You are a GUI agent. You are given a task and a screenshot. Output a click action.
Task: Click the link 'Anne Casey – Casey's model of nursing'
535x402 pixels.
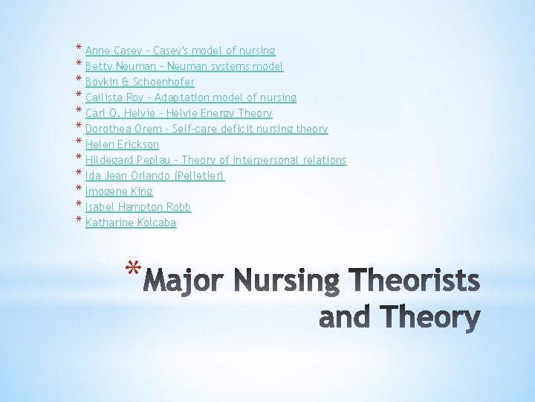tap(180, 51)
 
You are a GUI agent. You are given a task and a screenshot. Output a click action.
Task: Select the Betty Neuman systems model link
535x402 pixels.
tap(184, 66)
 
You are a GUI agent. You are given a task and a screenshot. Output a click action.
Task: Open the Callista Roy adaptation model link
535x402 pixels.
tap(191, 98)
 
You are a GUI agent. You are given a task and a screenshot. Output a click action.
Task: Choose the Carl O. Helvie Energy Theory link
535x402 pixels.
tap(178, 113)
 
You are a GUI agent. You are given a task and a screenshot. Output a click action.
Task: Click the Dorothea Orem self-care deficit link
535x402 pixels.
tap(207, 129)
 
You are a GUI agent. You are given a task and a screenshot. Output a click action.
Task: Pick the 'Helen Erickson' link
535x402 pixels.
tap(122, 144)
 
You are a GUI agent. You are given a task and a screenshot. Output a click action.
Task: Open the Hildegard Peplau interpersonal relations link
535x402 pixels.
tap(215, 160)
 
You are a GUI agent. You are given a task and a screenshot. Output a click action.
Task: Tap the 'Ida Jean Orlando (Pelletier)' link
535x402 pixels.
tap(155, 176)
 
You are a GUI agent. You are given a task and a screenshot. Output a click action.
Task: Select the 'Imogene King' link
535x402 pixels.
tap(119, 191)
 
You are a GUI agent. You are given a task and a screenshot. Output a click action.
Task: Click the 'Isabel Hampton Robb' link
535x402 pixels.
tap(138, 207)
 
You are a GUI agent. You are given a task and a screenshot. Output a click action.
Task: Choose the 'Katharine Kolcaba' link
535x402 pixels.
tap(131, 223)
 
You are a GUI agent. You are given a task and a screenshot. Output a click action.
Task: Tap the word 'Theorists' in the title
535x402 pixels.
tap(414, 281)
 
